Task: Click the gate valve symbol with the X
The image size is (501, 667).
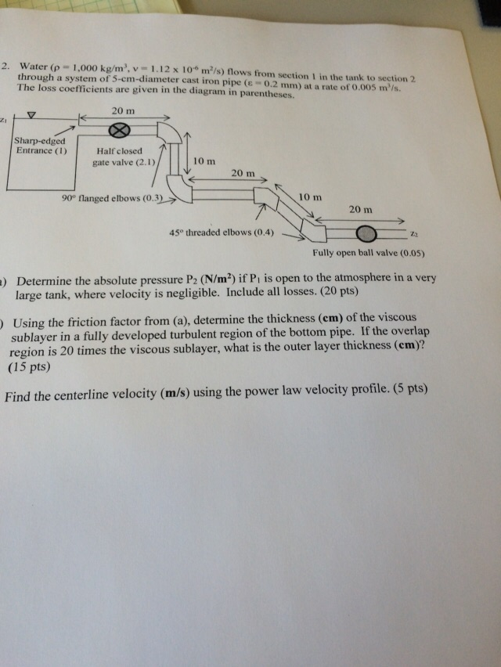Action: (x=119, y=131)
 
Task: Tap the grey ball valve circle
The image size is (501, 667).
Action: (x=366, y=233)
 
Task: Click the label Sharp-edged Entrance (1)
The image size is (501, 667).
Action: (x=41, y=146)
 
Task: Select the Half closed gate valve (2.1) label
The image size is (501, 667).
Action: (x=124, y=157)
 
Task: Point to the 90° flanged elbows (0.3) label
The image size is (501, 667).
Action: (x=113, y=198)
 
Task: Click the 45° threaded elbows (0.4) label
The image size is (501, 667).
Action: (x=222, y=233)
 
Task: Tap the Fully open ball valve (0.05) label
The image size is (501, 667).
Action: (x=369, y=253)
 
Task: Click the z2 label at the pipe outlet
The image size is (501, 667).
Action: (x=414, y=234)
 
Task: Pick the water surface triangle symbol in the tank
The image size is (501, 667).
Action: (x=31, y=115)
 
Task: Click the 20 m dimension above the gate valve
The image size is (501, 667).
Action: (x=124, y=111)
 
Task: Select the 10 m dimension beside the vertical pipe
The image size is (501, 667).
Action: (x=204, y=161)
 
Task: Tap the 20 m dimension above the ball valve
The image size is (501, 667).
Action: (x=361, y=209)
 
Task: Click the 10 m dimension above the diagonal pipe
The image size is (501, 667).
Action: (x=310, y=197)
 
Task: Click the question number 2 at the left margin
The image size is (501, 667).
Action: (x=5, y=66)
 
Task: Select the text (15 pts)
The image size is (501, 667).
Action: (x=29, y=366)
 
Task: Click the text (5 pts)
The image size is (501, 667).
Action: (x=410, y=389)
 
